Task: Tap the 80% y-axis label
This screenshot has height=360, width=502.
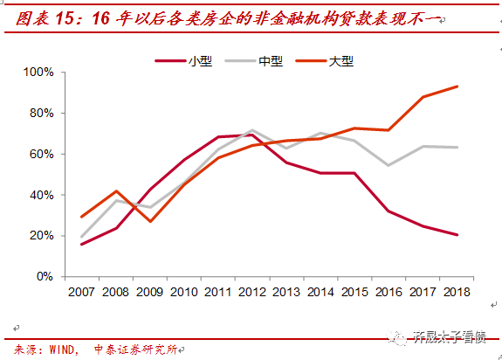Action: tap(41, 113)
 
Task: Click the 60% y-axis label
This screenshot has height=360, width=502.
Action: tap(41, 154)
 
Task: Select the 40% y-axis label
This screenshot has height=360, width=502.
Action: tap(41, 195)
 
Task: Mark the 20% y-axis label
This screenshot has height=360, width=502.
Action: tap(41, 236)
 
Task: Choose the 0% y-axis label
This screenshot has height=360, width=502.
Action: tap(45, 277)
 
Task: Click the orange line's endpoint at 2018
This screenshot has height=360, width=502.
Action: tap(457, 87)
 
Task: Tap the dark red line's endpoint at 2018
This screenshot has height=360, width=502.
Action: tap(457, 234)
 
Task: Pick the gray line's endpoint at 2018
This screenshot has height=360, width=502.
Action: tap(457, 147)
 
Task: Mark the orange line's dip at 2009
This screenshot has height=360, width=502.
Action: tap(150, 221)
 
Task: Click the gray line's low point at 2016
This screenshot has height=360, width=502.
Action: tap(389, 164)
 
